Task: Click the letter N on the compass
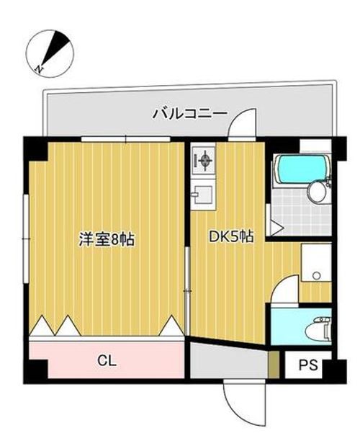pos(39,69)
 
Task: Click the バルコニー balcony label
pos(190,114)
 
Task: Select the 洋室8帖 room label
pos(107,239)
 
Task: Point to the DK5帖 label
pos(231,236)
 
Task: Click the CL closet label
pos(107,361)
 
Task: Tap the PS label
pos(308,365)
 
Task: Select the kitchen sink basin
pos(202,195)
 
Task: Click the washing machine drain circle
pos(316,275)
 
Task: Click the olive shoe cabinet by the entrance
pos(274,365)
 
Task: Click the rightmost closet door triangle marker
pos(171,325)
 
